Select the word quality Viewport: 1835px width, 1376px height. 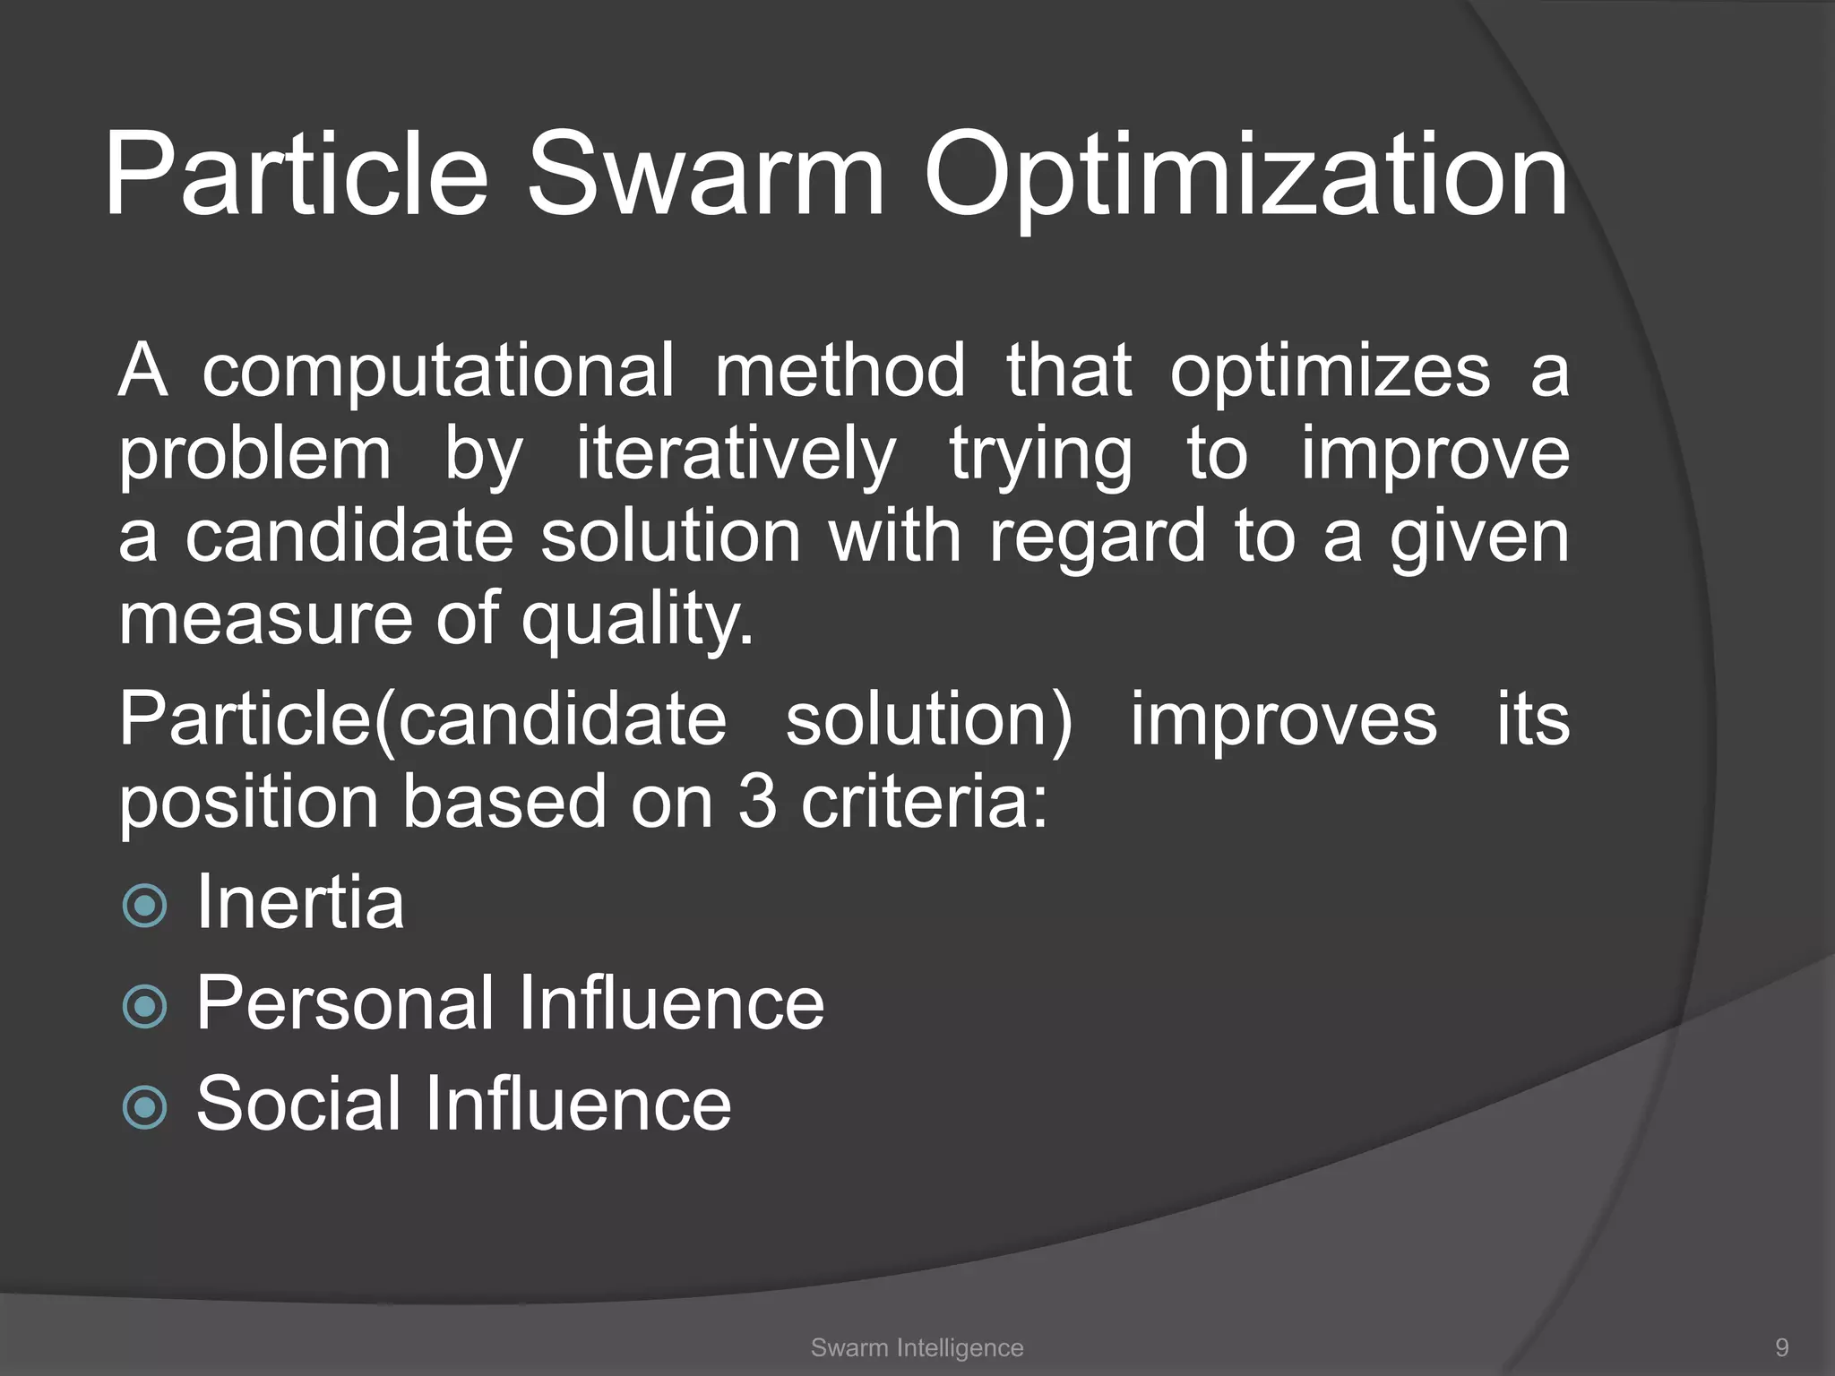(x=638, y=620)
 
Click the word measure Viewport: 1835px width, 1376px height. (x=263, y=620)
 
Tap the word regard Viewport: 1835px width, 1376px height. (x=1098, y=537)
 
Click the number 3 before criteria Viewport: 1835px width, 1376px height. (x=757, y=801)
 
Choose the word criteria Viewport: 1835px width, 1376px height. (x=923, y=801)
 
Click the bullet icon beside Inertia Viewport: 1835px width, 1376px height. (x=144, y=906)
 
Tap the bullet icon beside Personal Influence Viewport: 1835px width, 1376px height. (x=144, y=1006)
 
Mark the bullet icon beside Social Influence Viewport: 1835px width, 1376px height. (x=144, y=1107)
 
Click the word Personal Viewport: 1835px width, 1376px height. (x=344, y=1002)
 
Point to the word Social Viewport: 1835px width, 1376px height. (x=298, y=1103)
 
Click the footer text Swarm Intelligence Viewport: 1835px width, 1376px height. (x=917, y=1347)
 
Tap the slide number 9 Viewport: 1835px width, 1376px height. (x=1782, y=1347)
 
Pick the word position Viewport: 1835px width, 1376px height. (x=249, y=803)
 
